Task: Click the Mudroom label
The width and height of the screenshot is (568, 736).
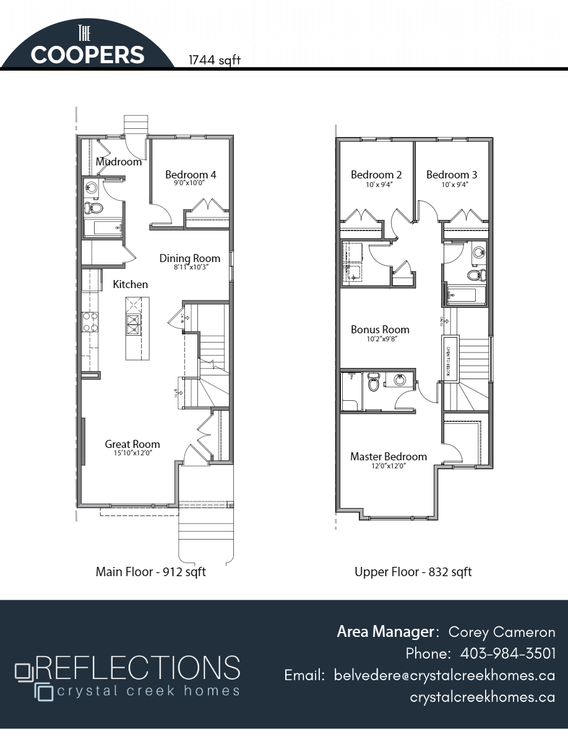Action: point(119,162)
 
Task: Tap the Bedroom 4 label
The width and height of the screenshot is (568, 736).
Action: point(191,175)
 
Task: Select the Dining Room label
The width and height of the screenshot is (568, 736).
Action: point(190,258)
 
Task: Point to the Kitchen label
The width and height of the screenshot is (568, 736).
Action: point(131,284)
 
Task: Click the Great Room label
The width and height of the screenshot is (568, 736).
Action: point(132,444)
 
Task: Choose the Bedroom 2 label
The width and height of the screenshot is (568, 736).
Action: point(376,175)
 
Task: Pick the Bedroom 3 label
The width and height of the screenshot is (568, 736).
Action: point(452,175)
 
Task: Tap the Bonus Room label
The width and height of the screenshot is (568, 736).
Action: point(380,330)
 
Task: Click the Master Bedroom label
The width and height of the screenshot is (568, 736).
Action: point(389,457)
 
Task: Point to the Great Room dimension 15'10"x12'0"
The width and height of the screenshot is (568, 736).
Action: point(132,453)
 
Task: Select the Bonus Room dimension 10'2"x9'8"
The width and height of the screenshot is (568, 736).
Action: point(380,339)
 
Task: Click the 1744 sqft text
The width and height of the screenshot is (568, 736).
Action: point(215,60)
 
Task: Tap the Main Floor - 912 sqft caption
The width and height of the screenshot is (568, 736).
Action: point(150,572)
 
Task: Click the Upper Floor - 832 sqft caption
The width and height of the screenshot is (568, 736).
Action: point(413,572)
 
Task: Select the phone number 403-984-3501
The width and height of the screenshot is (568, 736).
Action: point(508,654)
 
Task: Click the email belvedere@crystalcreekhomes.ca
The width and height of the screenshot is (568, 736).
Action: point(444,675)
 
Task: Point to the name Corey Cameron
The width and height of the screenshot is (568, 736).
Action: point(502,632)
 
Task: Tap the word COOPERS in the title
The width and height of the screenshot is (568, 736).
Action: point(87,55)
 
